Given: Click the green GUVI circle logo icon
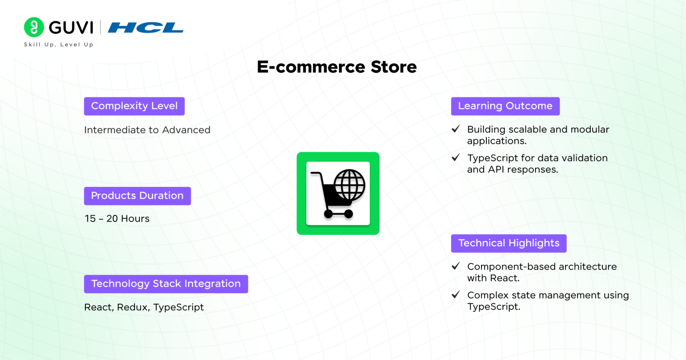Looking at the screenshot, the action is pyautogui.click(x=34, y=27).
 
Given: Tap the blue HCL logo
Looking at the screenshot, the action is pyautogui.click(x=146, y=28).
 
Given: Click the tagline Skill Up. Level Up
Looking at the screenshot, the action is pyautogui.click(x=59, y=45).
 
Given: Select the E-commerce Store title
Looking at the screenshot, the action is pyautogui.click(x=337, y=67).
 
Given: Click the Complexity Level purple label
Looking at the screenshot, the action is pyautogui.click(x=134, y=106).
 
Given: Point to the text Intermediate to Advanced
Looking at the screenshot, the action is pyautogui.click(x=147, y=130).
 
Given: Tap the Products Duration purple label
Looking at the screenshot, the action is pyautogui.click(x=138, y=196).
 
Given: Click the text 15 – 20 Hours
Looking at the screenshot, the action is pyautogui.click(x=117, y=218).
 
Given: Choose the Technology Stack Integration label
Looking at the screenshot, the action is pyautogui.click(x=166, y=284).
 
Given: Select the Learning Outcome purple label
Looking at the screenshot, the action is pyautogui.click(x=505, y=106).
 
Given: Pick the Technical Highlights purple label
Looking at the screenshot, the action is pyautogui.click(x=509, y=243).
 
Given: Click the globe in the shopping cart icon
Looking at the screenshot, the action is pyautogui.click(x=349, y=185).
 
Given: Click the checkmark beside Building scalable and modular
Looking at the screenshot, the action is pyautogui.click(x=456, y=129).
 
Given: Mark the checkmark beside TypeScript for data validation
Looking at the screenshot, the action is pyautogui.click(x=456, y=158).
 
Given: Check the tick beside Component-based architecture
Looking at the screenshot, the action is pyautogui.click(x=456, y=266).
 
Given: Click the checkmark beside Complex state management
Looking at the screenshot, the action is pyautogui.click(x=456, y=295).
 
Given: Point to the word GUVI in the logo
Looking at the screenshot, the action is pyautogui.click(x=71, y=28).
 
